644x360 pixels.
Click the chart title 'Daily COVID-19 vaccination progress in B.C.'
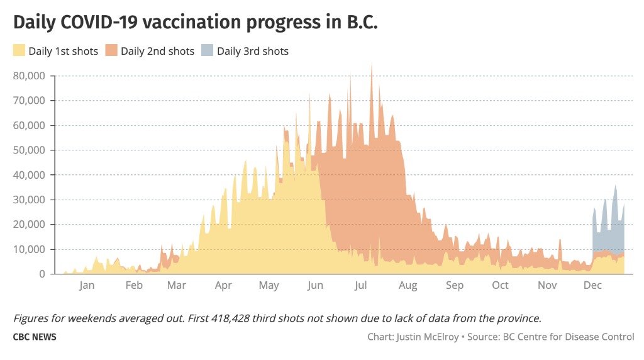(x=196, y=23)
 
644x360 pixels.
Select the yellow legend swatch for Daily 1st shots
(x=19, y=50)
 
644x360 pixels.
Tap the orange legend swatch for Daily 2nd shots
(x=111, y=50)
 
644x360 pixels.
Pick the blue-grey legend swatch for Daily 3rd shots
(x=208, y=50)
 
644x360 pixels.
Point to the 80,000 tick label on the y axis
(x=29, y=76)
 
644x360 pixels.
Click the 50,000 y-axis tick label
(x=29, y=150)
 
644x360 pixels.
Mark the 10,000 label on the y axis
(x=29, y=249)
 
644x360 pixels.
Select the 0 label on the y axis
(x=42, y=274)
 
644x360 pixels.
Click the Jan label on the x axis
(x=87, y=285)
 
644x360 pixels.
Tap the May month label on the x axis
(x=269, y=286)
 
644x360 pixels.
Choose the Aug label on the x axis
(x=408, y=286)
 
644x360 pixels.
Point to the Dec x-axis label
(x=592, y=285)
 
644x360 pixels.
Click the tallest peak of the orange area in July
(x=372, y=64)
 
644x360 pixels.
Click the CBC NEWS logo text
(x=35, y=337)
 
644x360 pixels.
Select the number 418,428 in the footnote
(x=230, y=318)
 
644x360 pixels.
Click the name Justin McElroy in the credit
(x=428, y=337)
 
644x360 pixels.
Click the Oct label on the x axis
(x=500, y=285)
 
